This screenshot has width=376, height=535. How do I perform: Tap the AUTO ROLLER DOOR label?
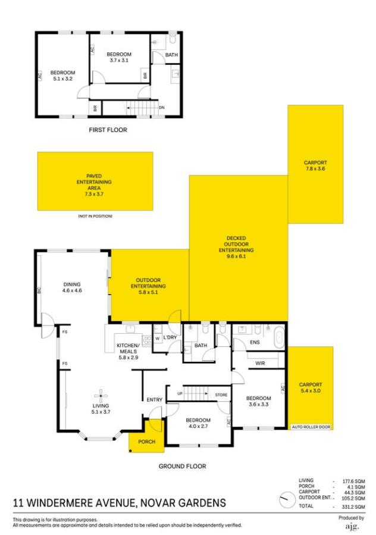tap(311, 427)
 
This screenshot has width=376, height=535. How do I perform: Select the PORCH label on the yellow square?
tap(146, 442)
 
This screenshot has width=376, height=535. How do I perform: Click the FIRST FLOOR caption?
tap(108, 130)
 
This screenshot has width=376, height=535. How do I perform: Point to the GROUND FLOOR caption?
tap(182, 467)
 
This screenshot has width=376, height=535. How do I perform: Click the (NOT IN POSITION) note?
tap(95, 215)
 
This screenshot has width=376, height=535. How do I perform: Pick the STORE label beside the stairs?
tap(221, 393)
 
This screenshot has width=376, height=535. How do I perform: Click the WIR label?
tap(259, 362)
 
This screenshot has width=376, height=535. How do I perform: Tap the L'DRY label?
tap(171, 337)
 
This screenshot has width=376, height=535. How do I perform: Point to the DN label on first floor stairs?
tap(161, 108)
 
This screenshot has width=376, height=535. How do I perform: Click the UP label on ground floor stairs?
tap(180, 393)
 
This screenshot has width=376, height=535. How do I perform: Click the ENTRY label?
tap(155, 399)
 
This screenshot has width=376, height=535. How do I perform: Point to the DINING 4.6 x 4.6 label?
tap(71, 288)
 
